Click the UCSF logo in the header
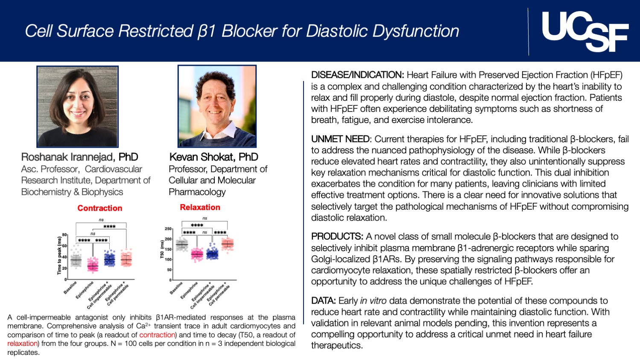point(584,31)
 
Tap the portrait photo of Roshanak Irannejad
point(77,106)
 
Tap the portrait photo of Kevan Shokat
point(217,106)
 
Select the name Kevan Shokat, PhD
point(213,157)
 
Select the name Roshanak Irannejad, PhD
point(79,157)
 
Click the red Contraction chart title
point(99,208)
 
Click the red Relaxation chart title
point(200,207)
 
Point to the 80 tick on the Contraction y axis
point(64,235)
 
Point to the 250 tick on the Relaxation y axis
point(168,229)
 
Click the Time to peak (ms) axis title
point(59,255)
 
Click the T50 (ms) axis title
point(162,249)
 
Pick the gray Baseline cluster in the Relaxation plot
point(182,245)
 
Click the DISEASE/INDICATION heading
point(357,75)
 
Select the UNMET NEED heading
point(340,139)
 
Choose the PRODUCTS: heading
point(337,237)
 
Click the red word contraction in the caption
point(157,335)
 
